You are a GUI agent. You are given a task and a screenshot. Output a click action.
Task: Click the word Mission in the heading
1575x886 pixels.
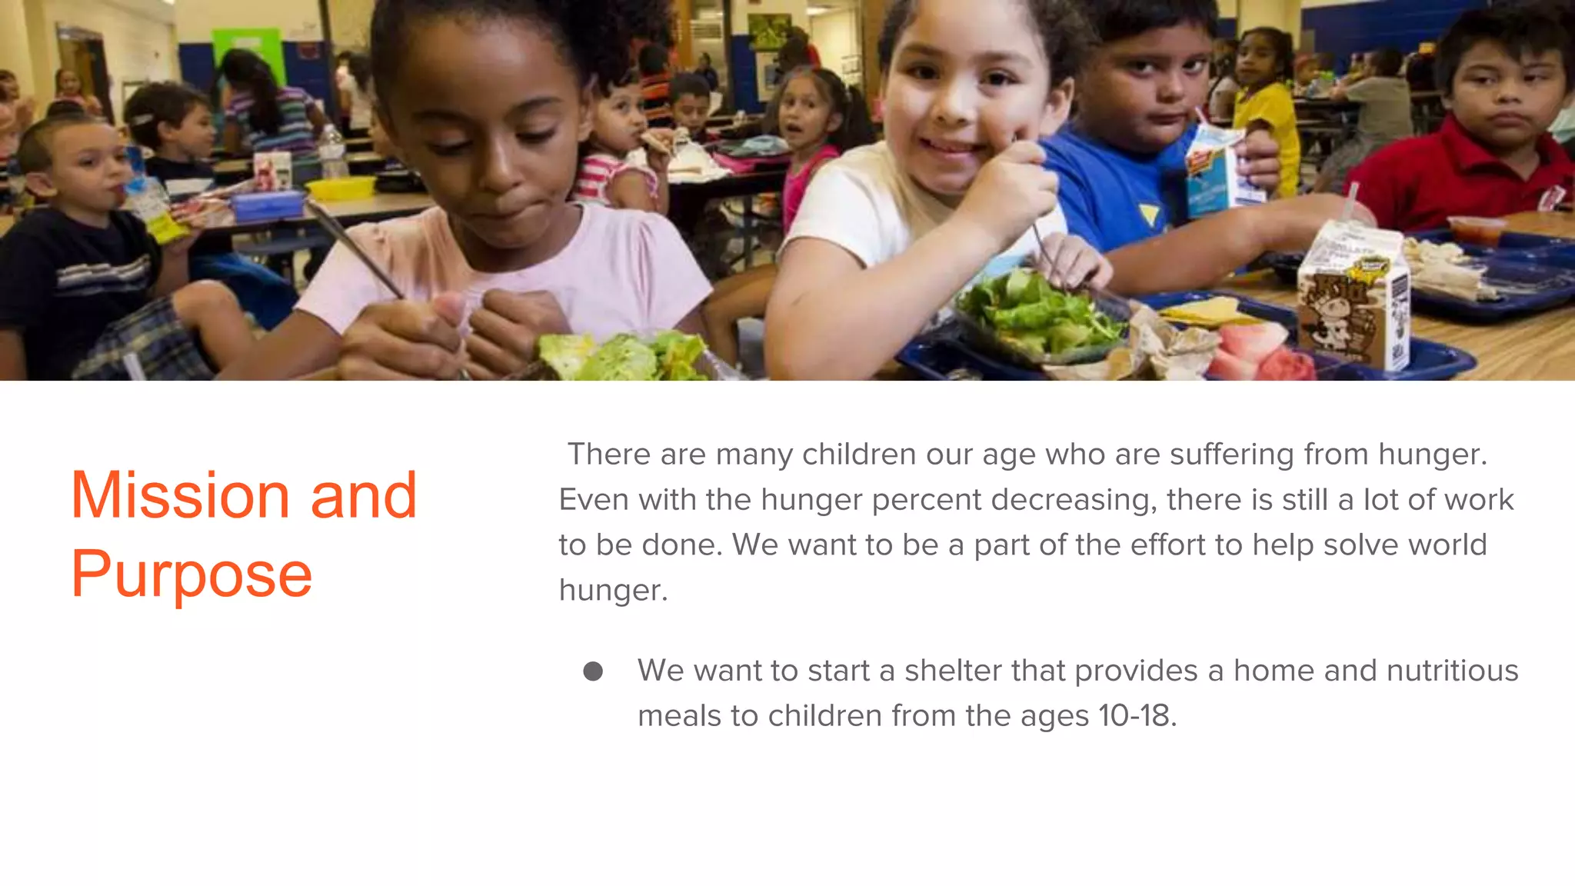(x=180, y=495)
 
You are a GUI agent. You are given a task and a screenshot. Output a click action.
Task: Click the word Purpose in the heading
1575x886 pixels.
(x=191, y=575)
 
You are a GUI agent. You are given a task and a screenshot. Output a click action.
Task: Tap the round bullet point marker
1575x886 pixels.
(x=593, y=671)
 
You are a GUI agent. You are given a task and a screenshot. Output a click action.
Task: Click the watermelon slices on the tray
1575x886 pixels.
(x=1254, y=350)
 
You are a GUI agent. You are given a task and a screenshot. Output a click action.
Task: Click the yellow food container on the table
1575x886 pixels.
(x=341, y=187)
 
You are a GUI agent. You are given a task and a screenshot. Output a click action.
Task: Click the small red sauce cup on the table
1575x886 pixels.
(x=1476, y=229)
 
